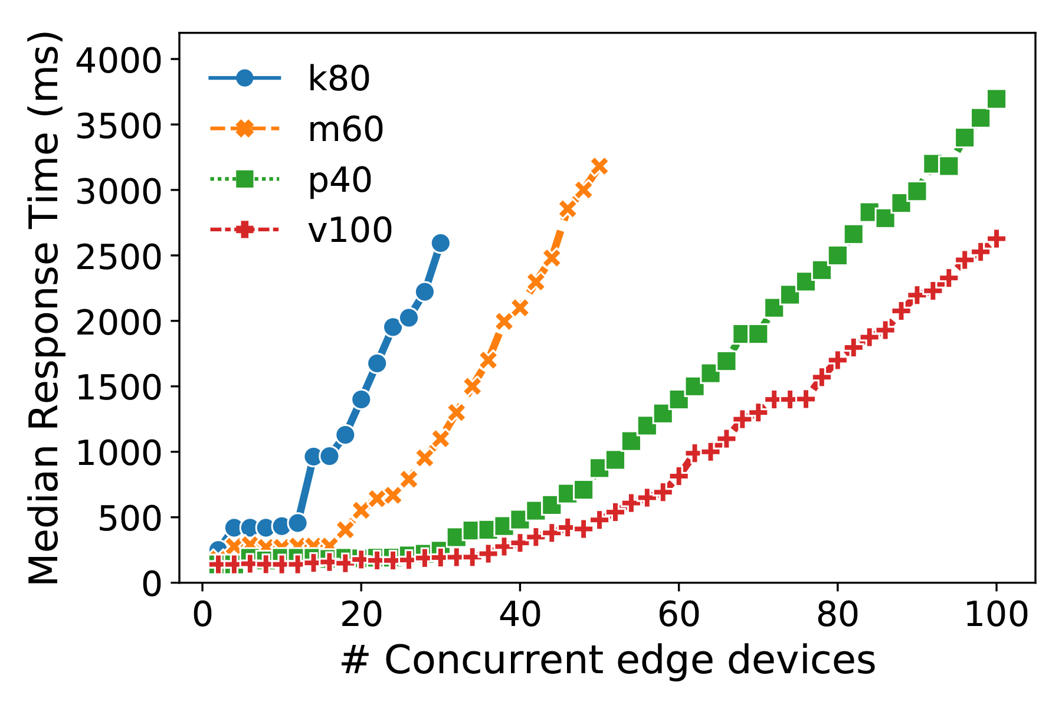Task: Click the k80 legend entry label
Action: click(339, 78)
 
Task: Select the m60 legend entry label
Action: click(346, 129)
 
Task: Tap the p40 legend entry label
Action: click(340, 179)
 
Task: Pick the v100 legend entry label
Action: click(350, 230)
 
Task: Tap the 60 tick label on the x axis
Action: click(678, 615)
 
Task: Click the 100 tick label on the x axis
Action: click(997, 615)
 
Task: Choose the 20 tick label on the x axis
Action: click(361, 615)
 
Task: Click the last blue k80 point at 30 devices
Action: click(440, 243)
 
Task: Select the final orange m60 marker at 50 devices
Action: click(599, 166)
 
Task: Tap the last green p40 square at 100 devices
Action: click(996, 99)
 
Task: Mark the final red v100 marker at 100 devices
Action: click(996, 238)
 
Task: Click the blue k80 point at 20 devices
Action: click(361, 399)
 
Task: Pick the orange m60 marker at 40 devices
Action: click(520, 307)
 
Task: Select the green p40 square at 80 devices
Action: click(838, 255)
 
